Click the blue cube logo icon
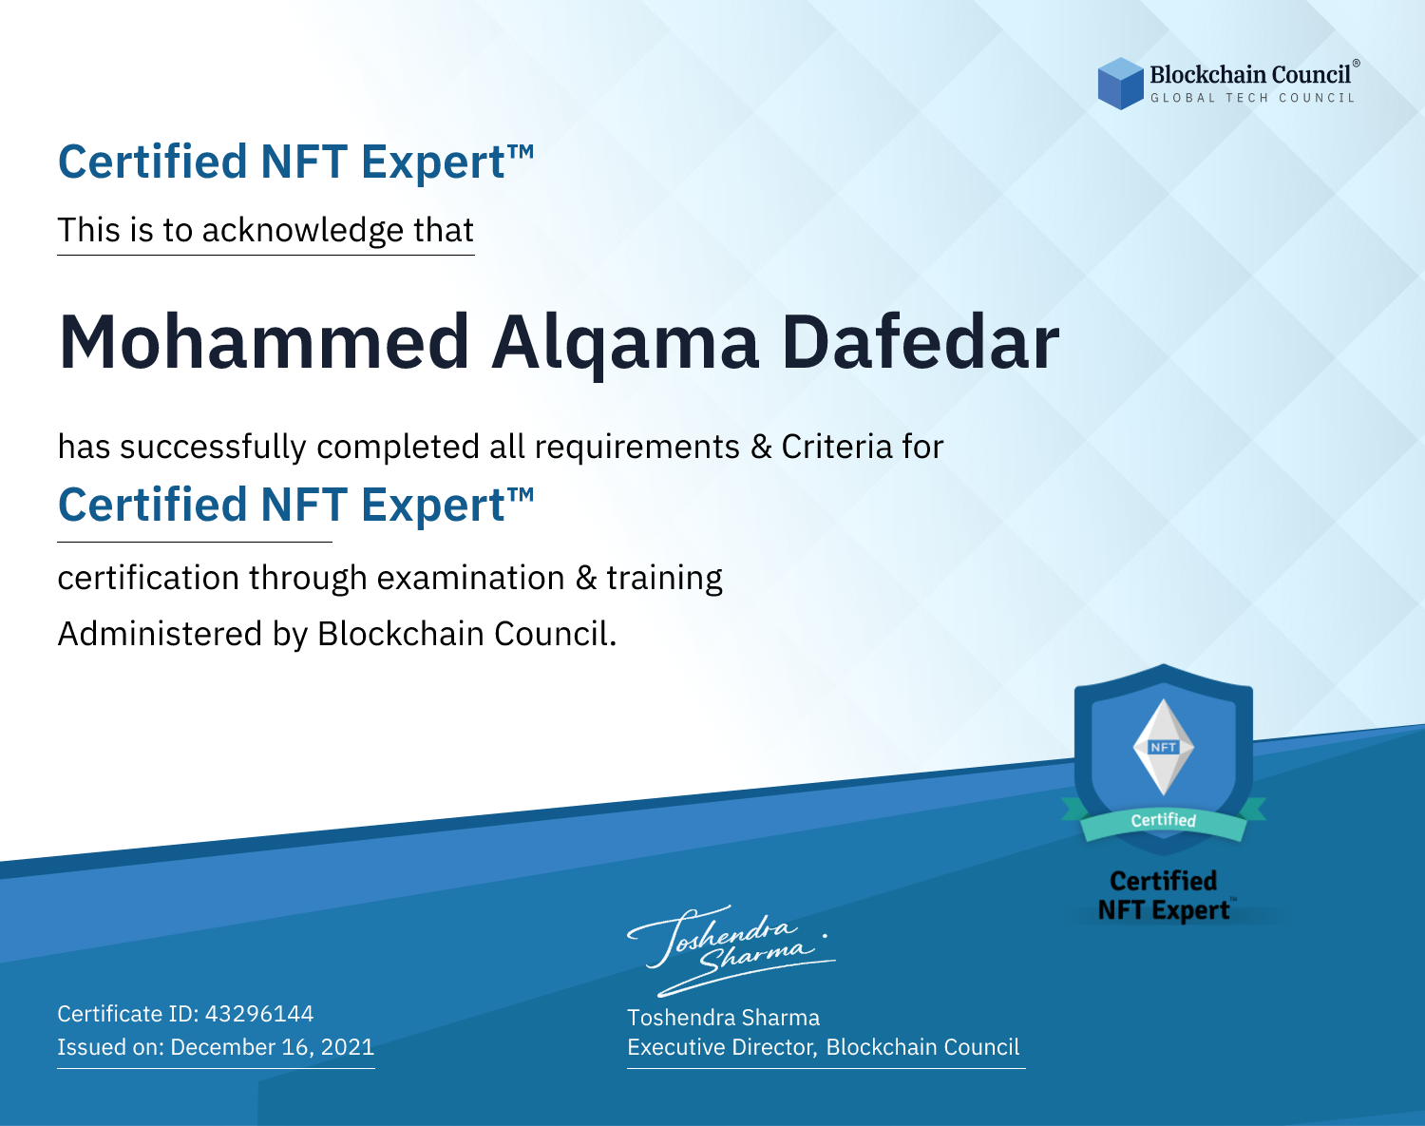[1120, 84]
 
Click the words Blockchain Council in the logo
[1250, 74]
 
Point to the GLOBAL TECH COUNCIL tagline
[1253, 98]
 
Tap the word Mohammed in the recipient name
[263, 342]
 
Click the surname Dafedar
[921, 342]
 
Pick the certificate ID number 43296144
[259, 1013]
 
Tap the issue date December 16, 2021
[272, 1047]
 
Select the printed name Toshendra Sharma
[723, 1018]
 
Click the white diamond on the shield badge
[1164, 747]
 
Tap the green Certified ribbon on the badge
[1164, 821]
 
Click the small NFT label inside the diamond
[1164, 747]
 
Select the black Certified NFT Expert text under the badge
[1164, 895]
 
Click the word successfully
[213, 448]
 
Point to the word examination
[471, 578]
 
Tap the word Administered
[160, 634]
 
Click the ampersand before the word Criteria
[761, 448]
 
